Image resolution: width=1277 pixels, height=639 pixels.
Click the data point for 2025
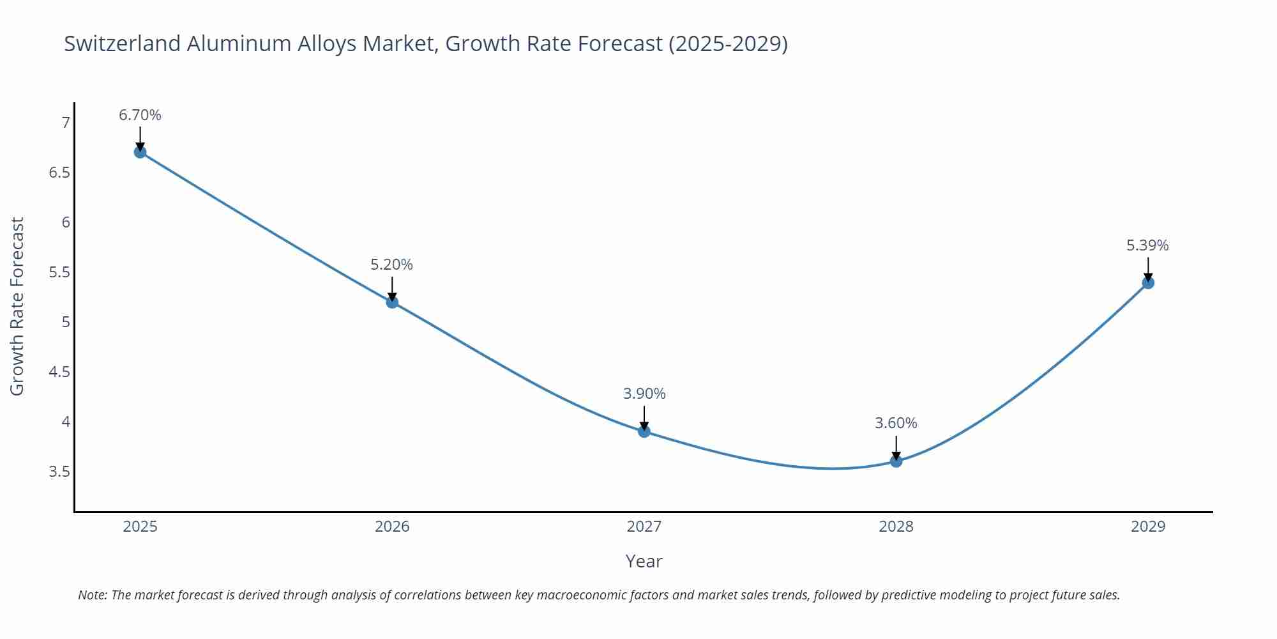pyautogui.click(x=140, y=152)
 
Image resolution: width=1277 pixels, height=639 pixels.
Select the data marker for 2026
pyautogui.click(x=392, y=302)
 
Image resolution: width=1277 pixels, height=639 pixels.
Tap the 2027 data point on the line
pyautogui.click(x=644, y=431)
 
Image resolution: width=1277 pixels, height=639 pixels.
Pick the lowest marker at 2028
pyautogui.click(x=896, y=461)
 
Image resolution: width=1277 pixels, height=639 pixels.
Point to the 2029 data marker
pyautogui.click(x=1148, y=282)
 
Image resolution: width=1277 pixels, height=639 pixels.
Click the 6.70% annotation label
pyautogui.click(x=140, y=115)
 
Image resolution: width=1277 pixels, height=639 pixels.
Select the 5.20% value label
pyautogui.click(x=391, y=265)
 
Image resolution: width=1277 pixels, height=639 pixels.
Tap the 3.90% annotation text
pyautogui.click(x=644, y=394)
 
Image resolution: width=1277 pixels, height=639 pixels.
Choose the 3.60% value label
pyautogui.click(x=896, y=423)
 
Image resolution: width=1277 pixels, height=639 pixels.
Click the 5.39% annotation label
pyautogui.click(x=1147, y=245)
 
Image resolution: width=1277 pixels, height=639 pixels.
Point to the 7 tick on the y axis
pyautogui.click(x=65, y=123)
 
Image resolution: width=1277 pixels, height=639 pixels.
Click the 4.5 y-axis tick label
pyautogui.click(x=59, y=372)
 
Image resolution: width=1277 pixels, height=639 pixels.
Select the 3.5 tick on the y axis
pyautogui.click(x=59, y=472)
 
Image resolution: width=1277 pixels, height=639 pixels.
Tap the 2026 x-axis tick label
pyautogui.click(x=392, y=527)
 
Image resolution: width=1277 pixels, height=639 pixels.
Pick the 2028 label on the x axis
pyautogui.click(x=896, y=527)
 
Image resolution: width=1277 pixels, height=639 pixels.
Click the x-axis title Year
pyautogui.click(x=644, y=561)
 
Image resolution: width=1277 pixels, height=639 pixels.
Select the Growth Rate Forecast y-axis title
pyautogui.click(x=17, y=306)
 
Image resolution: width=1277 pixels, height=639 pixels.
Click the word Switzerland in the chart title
pyautogui.click(x=122, y=43)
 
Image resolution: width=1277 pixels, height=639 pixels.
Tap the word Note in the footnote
pyautogui.click(x=92, y=595)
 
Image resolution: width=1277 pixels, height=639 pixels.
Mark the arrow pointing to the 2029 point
pyautogui.click(x=1148, y=269)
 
